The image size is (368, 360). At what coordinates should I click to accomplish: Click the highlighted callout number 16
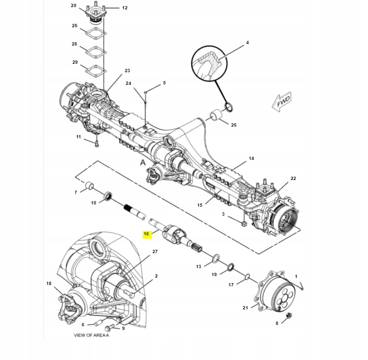coord(146,233)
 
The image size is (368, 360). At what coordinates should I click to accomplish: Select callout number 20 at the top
coord(73,6)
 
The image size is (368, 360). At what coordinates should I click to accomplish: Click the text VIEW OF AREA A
coord(91,336)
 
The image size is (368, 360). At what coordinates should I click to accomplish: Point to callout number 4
coord(247,43)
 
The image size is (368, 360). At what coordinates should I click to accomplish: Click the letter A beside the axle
coord(143,162)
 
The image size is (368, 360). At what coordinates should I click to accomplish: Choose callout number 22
coord(293,179)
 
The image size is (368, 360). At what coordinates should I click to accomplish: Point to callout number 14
coord(251,158)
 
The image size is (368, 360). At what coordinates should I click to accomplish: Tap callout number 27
coord(155,252)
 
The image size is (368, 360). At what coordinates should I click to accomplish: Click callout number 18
coord(49,284)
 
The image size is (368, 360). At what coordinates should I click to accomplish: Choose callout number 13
coord(199,266)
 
